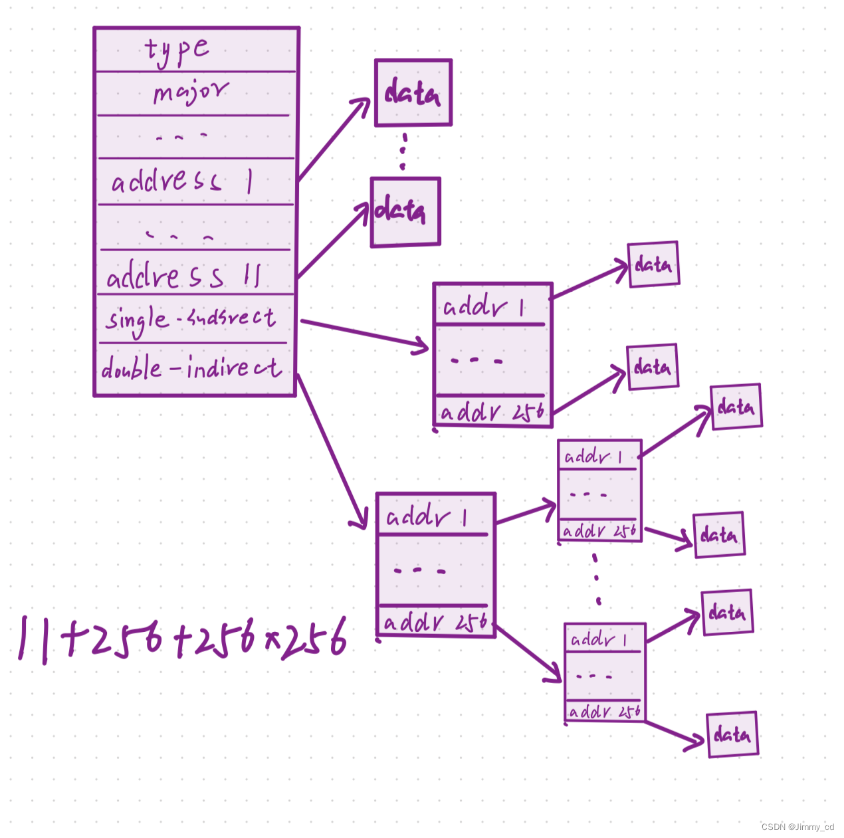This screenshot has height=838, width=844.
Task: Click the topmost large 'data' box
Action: pos(413,93)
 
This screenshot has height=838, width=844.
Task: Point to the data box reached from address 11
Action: pos(405,211)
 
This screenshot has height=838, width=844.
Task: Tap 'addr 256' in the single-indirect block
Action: pos(492,412)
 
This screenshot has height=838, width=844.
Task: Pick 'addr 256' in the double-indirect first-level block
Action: pos(435,623)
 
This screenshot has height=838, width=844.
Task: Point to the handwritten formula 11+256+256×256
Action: pos(183,639)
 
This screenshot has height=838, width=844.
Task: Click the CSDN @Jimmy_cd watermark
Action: pos(797,827)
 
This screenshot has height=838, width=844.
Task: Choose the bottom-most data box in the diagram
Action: pos(732,735)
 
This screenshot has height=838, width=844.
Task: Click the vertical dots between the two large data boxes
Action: pos(403,152)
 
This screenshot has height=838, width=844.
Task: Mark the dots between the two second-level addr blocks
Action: pos(597,579)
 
